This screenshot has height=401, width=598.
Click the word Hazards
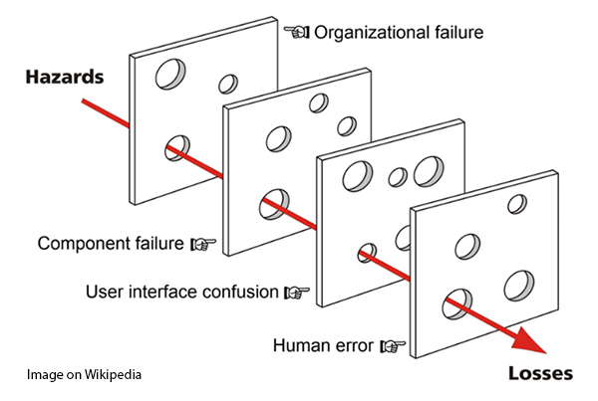pyautogui.click(x=64, y=77)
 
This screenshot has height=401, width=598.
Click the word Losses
pyautogui.click(x=540, y=374)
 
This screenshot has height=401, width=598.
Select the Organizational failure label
pyautogui.click(x=399, y=32)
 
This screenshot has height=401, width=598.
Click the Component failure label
pyautogui.click(x=111, y=243)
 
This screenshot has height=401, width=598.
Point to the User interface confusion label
pyautogui.click(x=182, y=293)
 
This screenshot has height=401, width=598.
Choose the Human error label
pyautogui.click(x=323, y=346)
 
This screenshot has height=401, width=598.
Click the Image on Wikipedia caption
pyautogui.click(x=84, y=375)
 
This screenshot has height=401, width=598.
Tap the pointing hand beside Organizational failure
pyautogui.click(x=297, y=32)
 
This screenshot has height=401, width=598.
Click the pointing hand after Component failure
pyautogui.click(x=203, y=244)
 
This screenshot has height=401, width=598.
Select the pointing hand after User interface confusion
pyautogui.click(x=297, y=293)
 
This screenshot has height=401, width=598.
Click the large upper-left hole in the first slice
pyautogui.click(x=171, y=73)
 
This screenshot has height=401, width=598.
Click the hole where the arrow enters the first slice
pyautogui.click(x=177, y=147)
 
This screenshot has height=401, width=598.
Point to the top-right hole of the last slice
pyautogui.click(x=517, y=204)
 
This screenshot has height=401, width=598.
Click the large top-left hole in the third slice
pyautogui.click(x=357, y=177)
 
